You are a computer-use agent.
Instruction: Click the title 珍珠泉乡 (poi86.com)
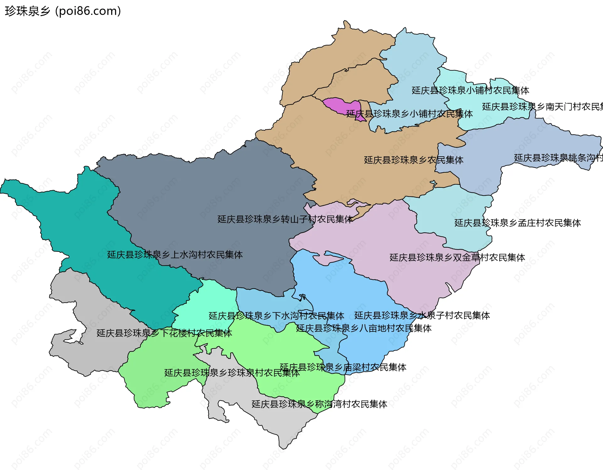pyautogui.click(x=63, y=11)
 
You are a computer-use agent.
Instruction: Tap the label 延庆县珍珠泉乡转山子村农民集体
pyautogui.click(x=285, y=219)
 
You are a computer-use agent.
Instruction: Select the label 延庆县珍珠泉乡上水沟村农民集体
pyautogui.click(x=175, y=255)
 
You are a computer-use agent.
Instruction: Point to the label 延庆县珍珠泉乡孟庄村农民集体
pyautogui.click(x=518, y=223)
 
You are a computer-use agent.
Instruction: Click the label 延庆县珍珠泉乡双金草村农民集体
pyautogui.click(x=457, y=257)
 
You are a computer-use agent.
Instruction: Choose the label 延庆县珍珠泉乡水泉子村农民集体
pyautogui.click(x=422, y=315)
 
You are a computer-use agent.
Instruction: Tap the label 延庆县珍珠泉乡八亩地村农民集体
pyautogui.click(x=364, y=328)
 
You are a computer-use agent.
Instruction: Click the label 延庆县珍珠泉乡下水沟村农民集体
pyautogui.click(x=276, y=316)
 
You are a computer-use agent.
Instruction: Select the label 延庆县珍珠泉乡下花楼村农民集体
pyautogui.click(x=164, y=333)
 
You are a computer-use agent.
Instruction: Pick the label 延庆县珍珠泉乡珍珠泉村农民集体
pyautogui.click(x=232, y=373)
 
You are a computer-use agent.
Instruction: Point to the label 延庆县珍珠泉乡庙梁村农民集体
pyautogui.click(x=343, y=367)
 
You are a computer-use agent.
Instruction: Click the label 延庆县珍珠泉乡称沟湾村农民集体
pyautogui.click(x=319, y=404)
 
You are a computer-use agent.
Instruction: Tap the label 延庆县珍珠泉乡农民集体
pyautogui.click(x=414, y=160)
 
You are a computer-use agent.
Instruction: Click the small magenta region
pyautogui.click(x=341, y=105)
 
